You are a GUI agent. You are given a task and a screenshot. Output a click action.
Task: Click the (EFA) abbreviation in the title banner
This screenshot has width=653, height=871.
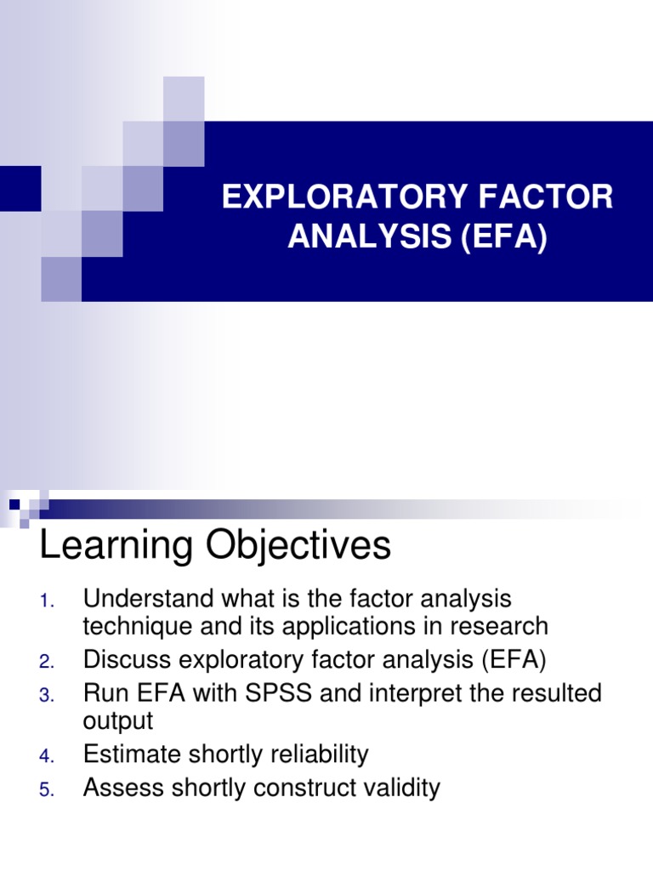point(503,237)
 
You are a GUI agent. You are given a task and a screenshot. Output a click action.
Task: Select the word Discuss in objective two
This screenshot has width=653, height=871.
point(125,658)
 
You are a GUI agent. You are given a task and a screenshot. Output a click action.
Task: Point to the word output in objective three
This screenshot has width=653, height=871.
point(118,721)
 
